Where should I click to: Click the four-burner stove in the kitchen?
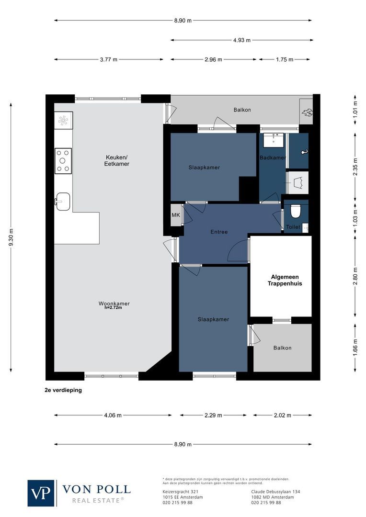point(63,161)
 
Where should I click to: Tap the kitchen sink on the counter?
point(63,201)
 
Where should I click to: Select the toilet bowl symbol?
point(295,211)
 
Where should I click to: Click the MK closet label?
point(175,215)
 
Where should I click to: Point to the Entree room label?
point(219,232)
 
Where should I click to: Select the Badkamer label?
point(273,157)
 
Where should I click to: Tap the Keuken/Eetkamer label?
point(117,161)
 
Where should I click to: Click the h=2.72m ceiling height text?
point(113,308)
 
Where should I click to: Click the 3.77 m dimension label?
point(108,60)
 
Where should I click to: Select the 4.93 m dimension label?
point(241,40)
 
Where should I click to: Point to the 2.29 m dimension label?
point(213,416)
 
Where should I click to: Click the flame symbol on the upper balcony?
point(306,113)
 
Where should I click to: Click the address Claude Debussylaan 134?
point(275,492)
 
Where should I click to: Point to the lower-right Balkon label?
point(282,348)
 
